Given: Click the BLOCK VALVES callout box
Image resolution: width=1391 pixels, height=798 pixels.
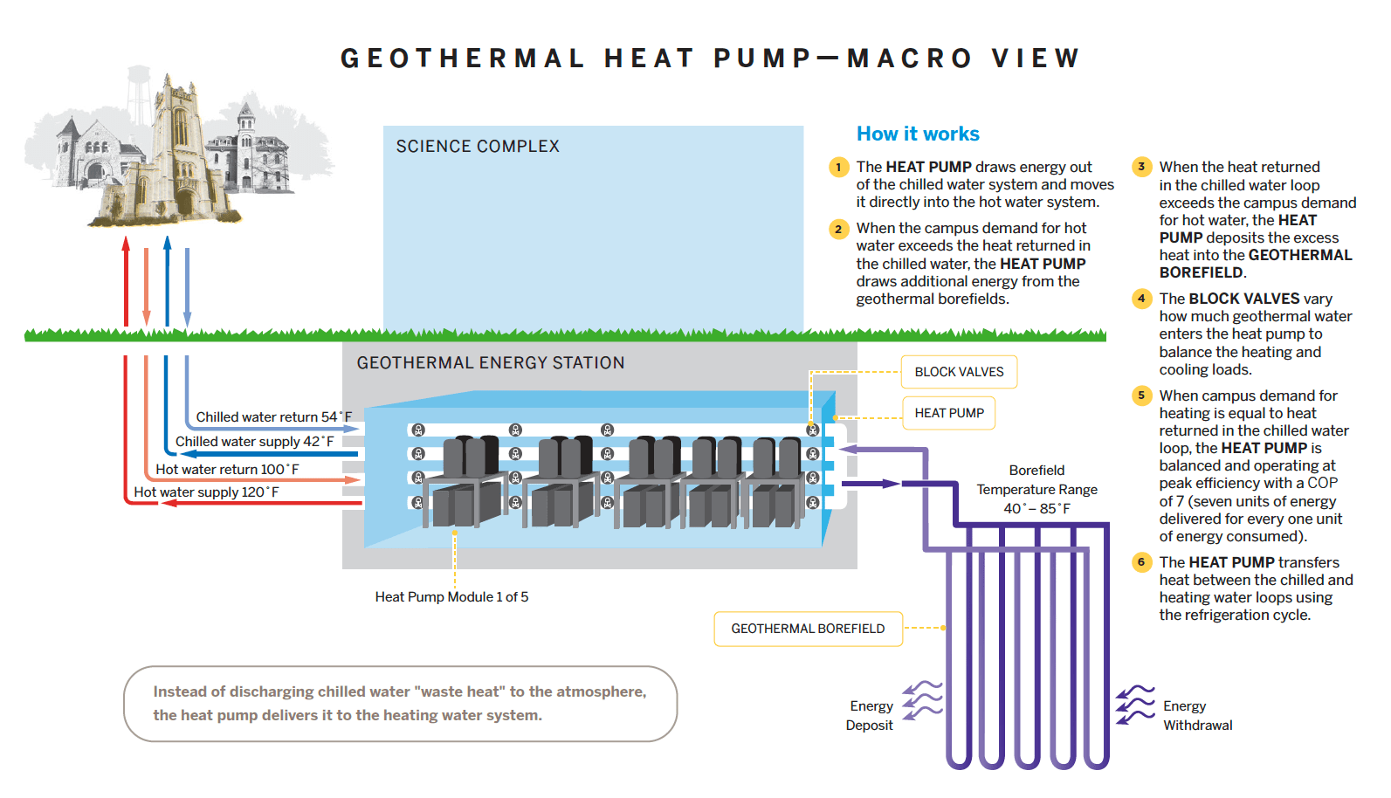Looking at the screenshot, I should point(959,372).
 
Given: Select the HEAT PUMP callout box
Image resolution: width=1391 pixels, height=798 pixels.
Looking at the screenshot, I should point(949,413).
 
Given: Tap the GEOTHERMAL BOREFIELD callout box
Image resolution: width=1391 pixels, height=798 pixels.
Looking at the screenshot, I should point(808,629).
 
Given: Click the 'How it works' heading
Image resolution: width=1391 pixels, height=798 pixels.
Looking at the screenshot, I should point(918,134).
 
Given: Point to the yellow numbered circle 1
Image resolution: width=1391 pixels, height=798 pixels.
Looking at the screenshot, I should point(838,167).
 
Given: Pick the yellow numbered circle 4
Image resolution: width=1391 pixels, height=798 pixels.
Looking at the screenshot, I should point(1141,299).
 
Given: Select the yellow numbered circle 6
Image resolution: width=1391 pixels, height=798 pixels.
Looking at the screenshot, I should point(1141,562).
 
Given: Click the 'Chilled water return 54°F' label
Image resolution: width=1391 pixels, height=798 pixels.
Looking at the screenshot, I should point(273,417).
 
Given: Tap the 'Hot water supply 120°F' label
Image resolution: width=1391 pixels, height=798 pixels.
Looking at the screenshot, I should point(206,492).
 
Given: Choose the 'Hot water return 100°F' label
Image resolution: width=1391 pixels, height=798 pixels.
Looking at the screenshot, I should point(227,470).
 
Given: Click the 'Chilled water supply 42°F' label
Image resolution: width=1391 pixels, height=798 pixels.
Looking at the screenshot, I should point(254,442).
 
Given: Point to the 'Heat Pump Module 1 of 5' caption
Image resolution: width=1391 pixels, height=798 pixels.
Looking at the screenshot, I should point(451,597).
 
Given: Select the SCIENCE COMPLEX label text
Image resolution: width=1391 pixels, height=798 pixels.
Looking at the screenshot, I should point(478,147).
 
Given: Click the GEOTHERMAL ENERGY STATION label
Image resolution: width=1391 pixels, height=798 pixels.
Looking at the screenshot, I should point(490,363).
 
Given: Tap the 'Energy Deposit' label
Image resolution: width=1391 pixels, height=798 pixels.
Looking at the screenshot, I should point(870,715).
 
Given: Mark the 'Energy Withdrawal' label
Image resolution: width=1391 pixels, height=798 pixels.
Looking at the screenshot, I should point(1197,715).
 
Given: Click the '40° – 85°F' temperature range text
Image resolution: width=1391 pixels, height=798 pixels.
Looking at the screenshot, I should point(1036,508).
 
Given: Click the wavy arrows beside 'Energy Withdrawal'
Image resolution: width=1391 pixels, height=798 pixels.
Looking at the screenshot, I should point(1135,705).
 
